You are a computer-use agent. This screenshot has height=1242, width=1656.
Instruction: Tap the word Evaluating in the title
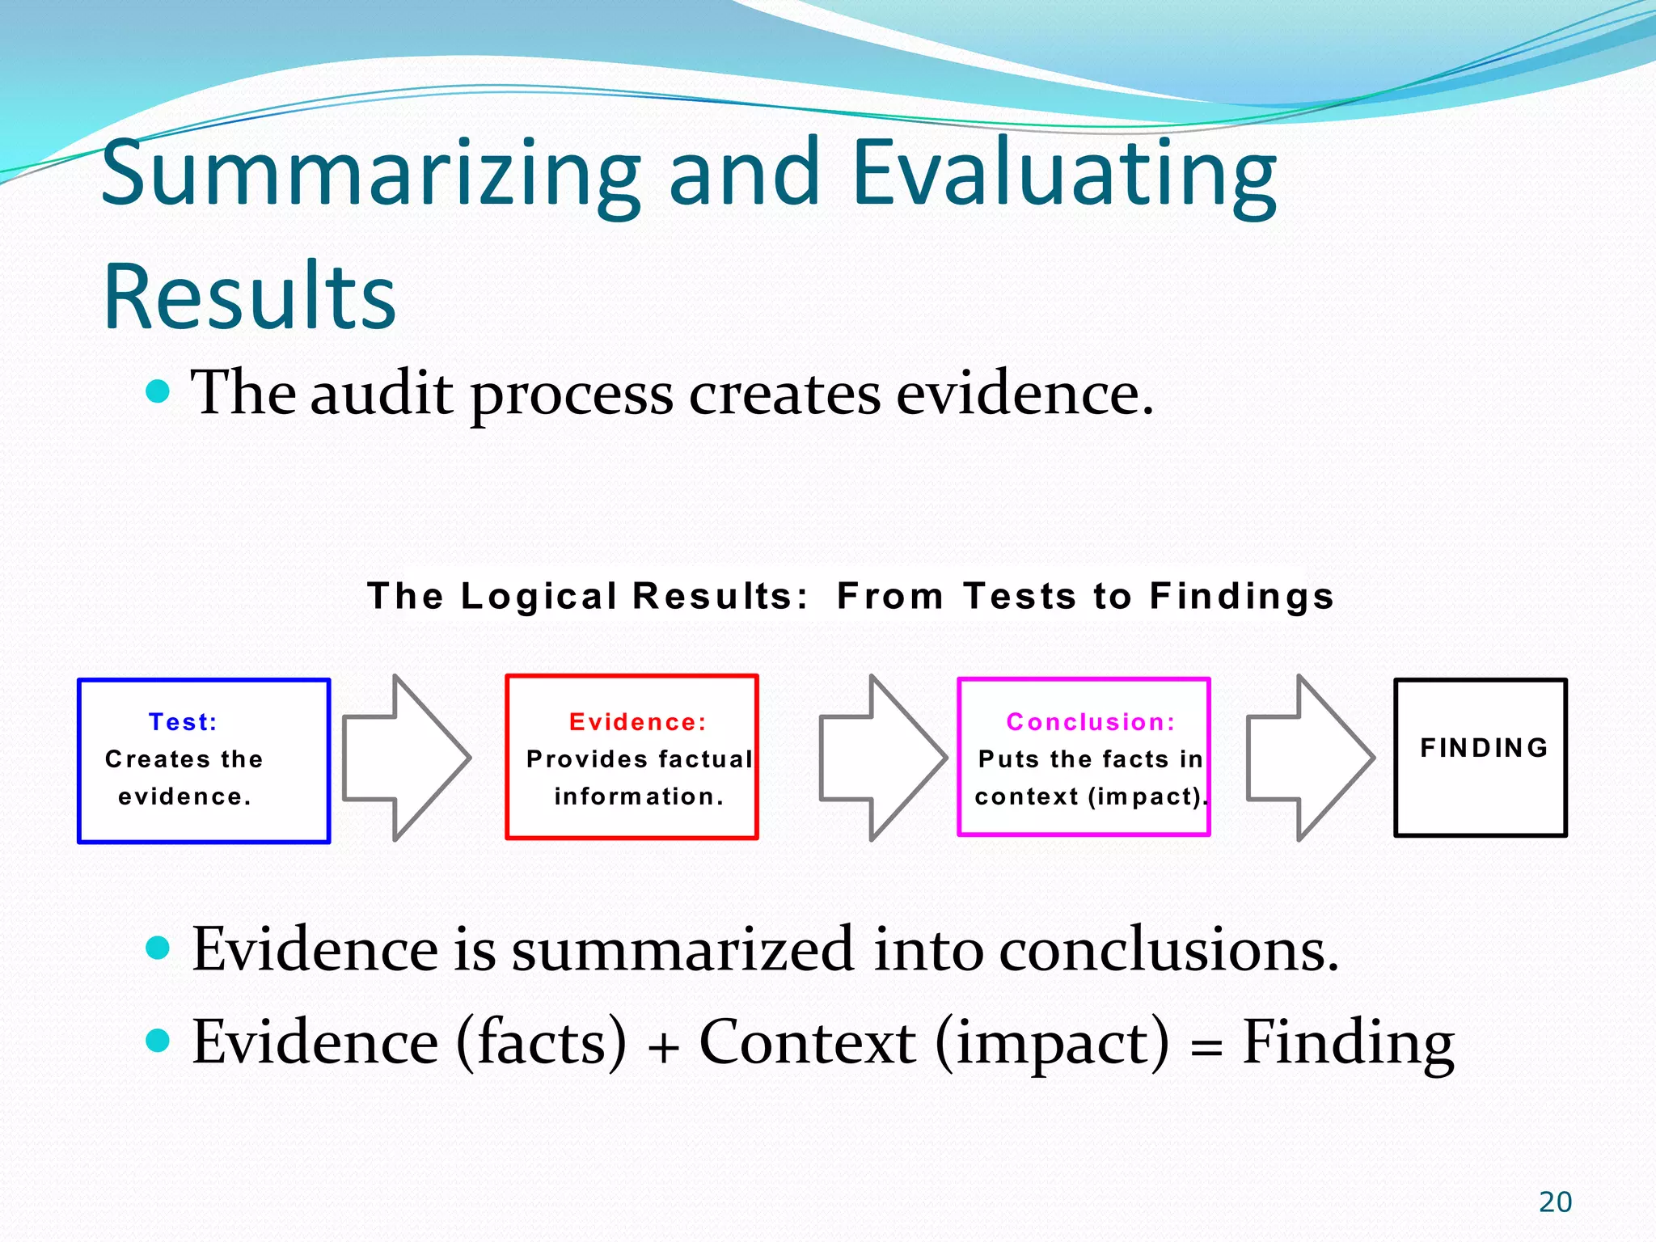tap(1064, 174)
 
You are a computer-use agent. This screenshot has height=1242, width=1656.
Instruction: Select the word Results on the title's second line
tap(250, 297)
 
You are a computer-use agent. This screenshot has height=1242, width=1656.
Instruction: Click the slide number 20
tap(1555, 1202)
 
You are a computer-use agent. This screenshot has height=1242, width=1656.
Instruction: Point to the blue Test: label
tap(183, 722)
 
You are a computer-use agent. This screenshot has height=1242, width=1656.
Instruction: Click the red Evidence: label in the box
tap(638, 722)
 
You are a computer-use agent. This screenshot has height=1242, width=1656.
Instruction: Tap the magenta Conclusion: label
tap(1091, 722)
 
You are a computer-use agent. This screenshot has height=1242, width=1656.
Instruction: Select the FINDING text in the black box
tap(1485, 748)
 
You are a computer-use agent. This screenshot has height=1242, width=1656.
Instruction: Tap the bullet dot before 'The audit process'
tap(158, 392)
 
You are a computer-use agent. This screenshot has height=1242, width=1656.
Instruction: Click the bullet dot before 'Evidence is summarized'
tap(158, 948)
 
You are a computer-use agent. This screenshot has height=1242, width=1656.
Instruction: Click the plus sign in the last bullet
tap(663, 1048)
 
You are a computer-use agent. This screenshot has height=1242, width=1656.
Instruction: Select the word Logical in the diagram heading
tap(539, 597)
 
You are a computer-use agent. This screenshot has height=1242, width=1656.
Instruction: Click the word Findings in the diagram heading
tap(1241, 597)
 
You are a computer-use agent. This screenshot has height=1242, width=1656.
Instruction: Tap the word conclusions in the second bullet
tap(1168, 949)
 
